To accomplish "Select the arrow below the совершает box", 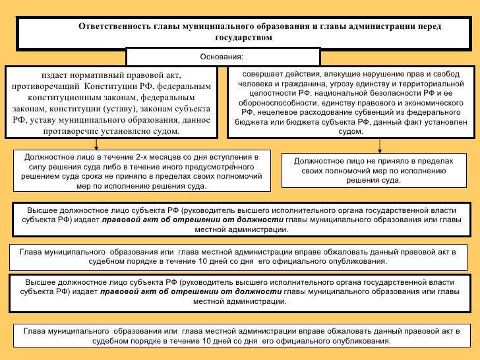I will (x=380, y=144).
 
